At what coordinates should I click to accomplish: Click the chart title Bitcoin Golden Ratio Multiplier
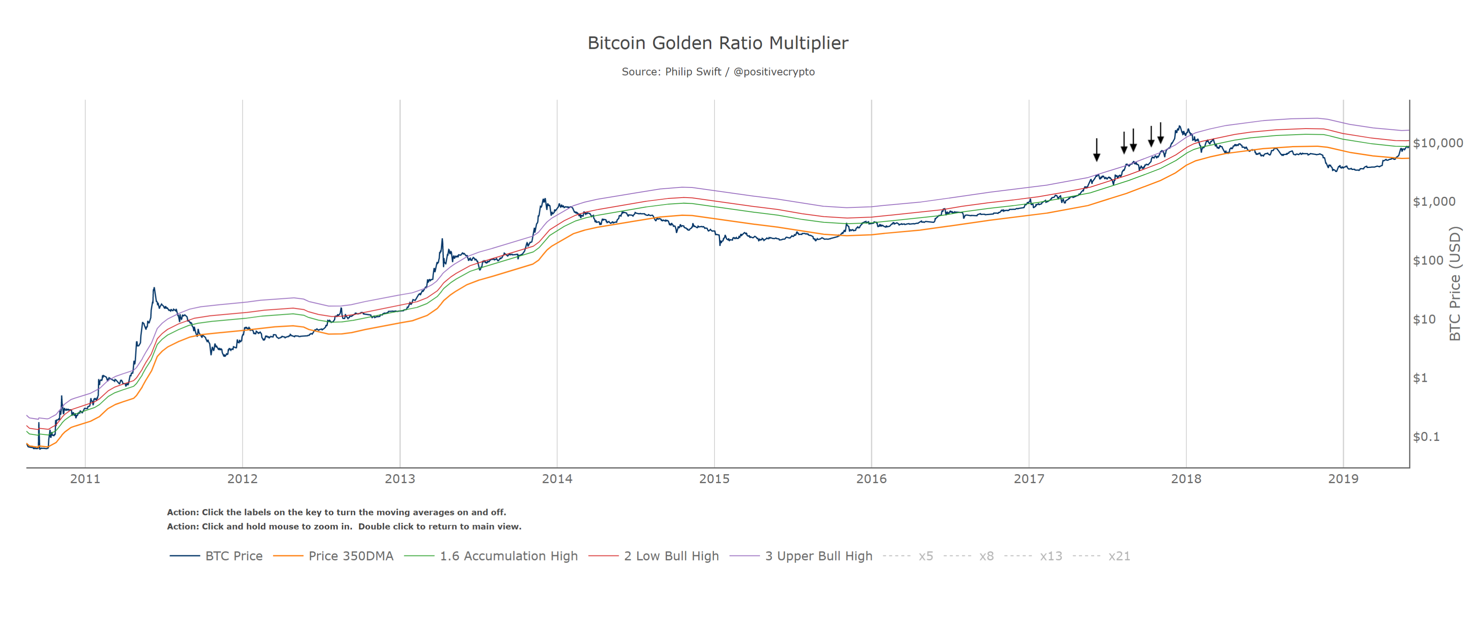coord(718,43)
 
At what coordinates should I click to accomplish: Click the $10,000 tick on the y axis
coord(1437,143)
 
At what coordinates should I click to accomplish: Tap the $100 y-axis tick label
coord(1428,260)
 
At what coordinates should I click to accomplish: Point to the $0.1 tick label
coord(1426,436)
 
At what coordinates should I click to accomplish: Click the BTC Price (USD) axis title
coord(1455,284)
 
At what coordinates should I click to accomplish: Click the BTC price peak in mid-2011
coord(154,289)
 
